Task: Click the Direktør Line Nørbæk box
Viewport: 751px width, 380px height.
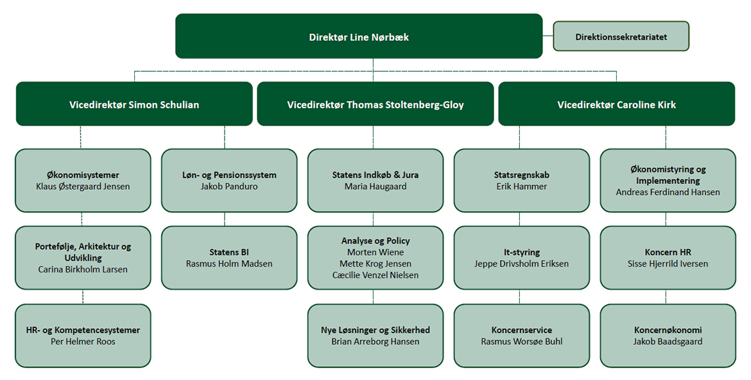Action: click(x=359, y=36)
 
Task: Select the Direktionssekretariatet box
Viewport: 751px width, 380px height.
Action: click(x=621, y=36)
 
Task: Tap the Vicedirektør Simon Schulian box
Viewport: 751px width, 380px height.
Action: click(x=134, y=104)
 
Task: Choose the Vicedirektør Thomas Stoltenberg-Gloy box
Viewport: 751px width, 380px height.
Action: click(x=376, y=104)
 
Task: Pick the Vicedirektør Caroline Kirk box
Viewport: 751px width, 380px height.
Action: click(x=616, y=104)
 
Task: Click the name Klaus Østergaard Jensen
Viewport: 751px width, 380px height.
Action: click(x=83, y=186)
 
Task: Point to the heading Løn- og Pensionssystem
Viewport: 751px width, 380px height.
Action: click(x=229, y=175)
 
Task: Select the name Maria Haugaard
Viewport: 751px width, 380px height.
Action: click(x=376, y=186)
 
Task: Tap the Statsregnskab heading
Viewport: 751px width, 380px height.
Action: click(x=522, y=175)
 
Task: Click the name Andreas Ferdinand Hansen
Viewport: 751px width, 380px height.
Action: click(x=668, y=192)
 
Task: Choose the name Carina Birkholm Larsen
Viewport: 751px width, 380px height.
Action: click(x=83, y=270)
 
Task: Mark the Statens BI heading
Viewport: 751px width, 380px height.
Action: click(x=229, y=252)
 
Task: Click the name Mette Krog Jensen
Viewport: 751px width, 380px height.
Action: click(x=376, y=264)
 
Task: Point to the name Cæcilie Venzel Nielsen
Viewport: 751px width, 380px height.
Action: click(x=376, y=276)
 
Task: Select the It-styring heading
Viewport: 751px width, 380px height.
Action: click(x=522, y=252)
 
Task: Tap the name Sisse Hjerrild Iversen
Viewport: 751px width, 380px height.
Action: click(x=668, y=264)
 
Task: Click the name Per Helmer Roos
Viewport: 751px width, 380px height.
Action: click(x=83, y=342)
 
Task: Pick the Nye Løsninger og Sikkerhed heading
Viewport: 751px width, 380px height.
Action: click(x=376, y=330)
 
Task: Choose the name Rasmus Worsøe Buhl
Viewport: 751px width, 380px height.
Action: click(x=522, y=342)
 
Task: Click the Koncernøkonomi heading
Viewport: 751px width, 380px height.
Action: click(x=668, y=330)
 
